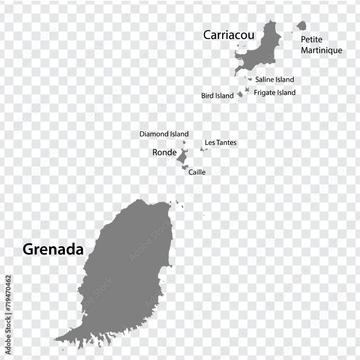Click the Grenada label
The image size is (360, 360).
53,249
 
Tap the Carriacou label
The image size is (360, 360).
229,35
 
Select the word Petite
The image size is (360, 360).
311,39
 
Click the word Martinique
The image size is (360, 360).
321,50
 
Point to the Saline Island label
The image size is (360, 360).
274,80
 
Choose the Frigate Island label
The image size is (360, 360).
275,93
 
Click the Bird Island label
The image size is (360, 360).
217,96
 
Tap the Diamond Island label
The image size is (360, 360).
164,134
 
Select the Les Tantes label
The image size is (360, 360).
220,143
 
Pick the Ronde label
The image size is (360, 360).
165,153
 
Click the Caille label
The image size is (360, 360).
197,172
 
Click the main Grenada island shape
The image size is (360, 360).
126,274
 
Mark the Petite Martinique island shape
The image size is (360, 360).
302,26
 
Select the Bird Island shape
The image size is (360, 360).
240,94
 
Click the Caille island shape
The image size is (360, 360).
185,167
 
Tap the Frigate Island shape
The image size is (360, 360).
247,89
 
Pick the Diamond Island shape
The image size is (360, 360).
184,143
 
